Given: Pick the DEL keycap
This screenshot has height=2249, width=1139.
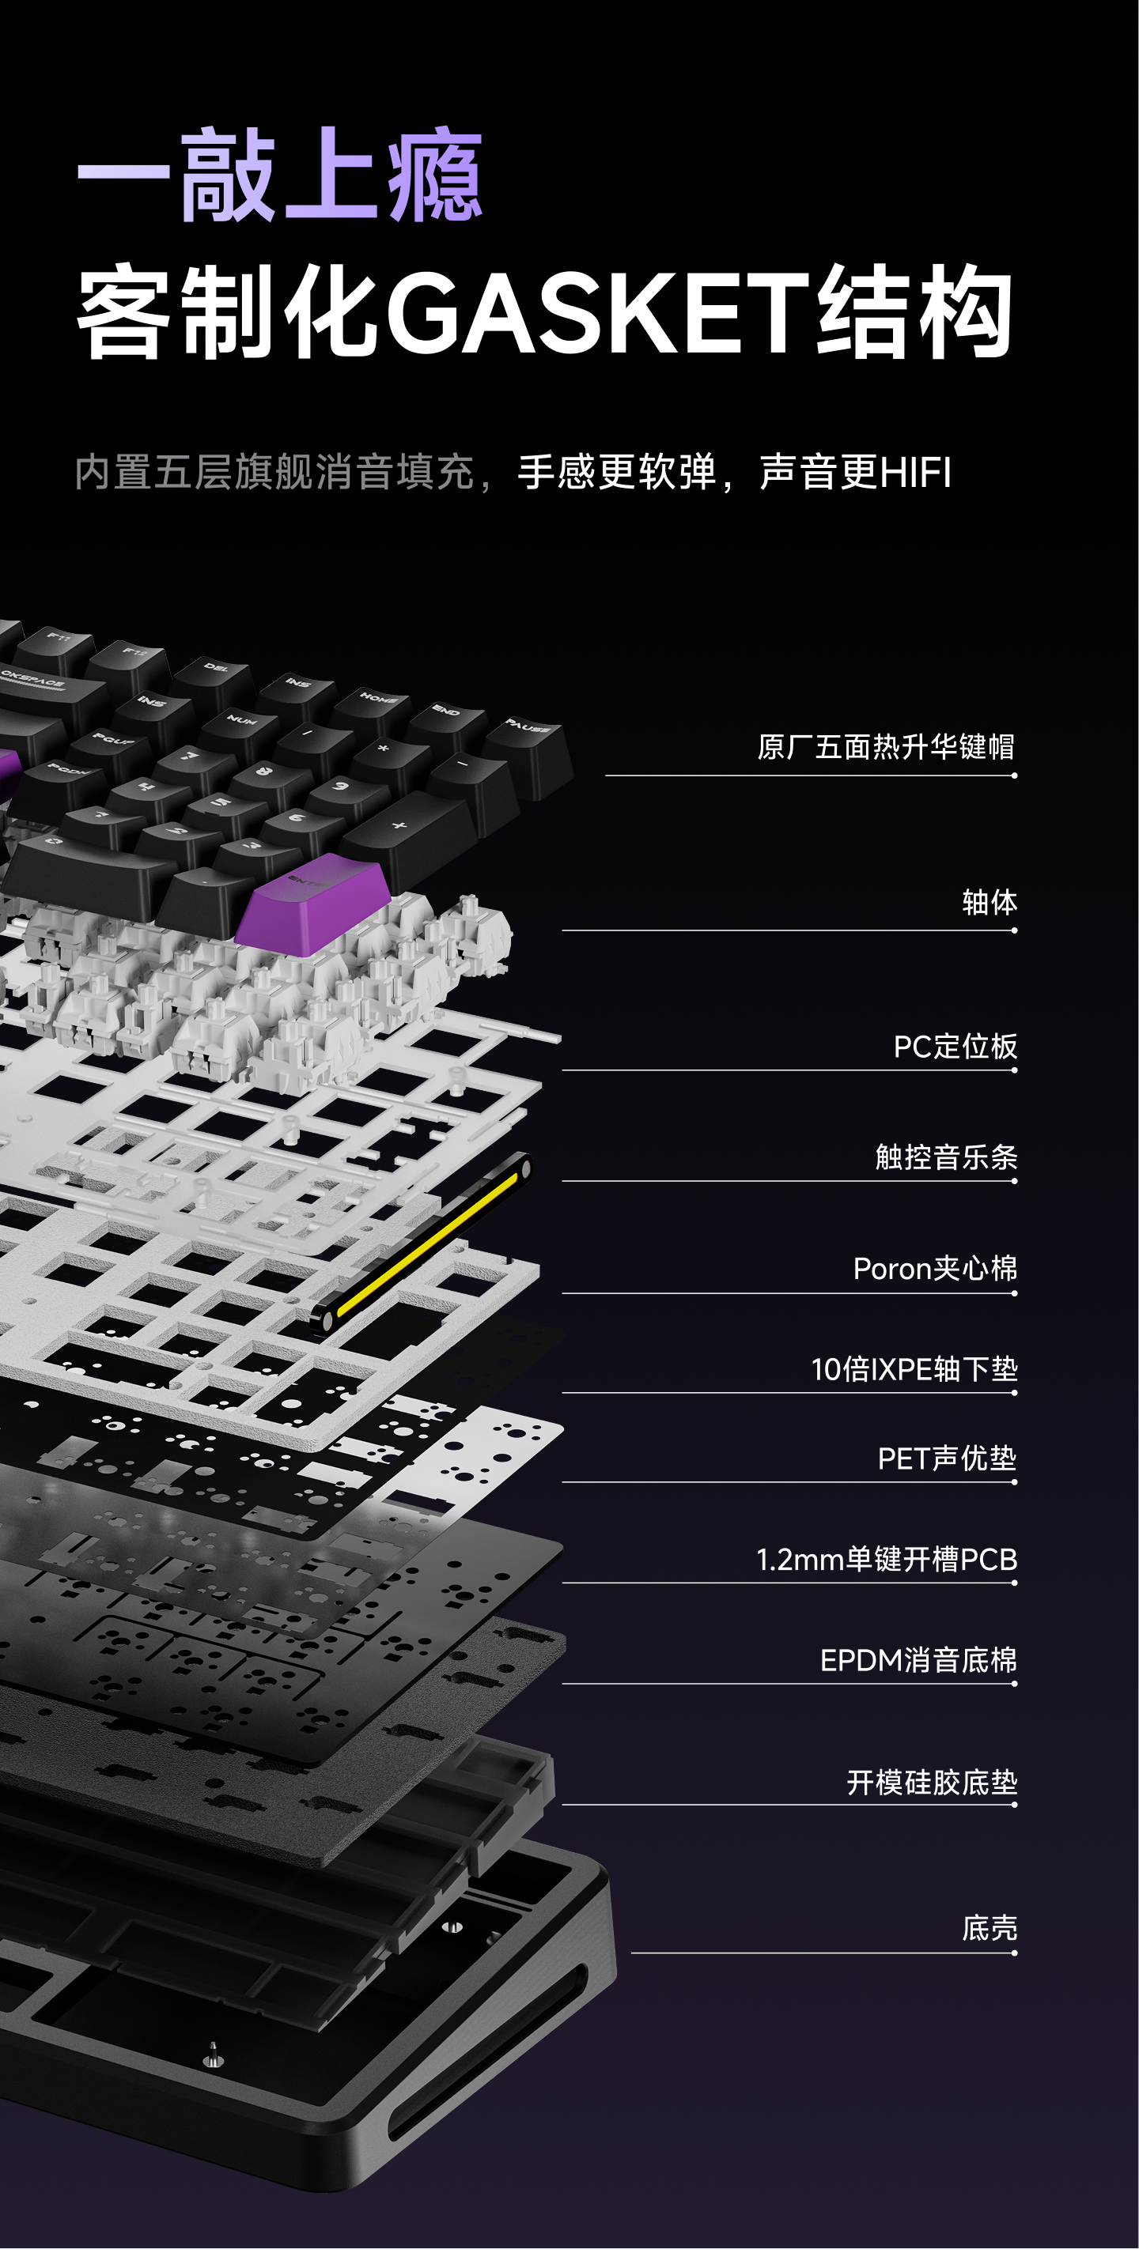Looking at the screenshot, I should tap(216, 675).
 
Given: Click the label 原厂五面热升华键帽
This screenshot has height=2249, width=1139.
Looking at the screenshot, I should tap(885, 747).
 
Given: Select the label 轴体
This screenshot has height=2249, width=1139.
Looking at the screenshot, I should tap(989, 903).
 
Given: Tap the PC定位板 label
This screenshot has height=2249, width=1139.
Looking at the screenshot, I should tap(955, 1046).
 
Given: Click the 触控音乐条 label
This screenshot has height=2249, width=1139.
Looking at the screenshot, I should tap(946, 1157).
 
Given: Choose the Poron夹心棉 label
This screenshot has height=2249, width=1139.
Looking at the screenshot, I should tap(935, 1269).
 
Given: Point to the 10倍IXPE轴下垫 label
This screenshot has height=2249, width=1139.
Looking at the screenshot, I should tap(914, 1369).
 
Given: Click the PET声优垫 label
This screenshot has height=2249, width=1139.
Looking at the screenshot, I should tap(946, 1458).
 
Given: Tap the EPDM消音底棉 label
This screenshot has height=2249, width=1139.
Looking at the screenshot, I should tap(918, 1660).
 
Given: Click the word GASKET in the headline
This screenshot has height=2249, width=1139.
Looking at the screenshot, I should tap(600, 312).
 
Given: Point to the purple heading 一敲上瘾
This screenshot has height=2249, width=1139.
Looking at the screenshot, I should tap(279, 175).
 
